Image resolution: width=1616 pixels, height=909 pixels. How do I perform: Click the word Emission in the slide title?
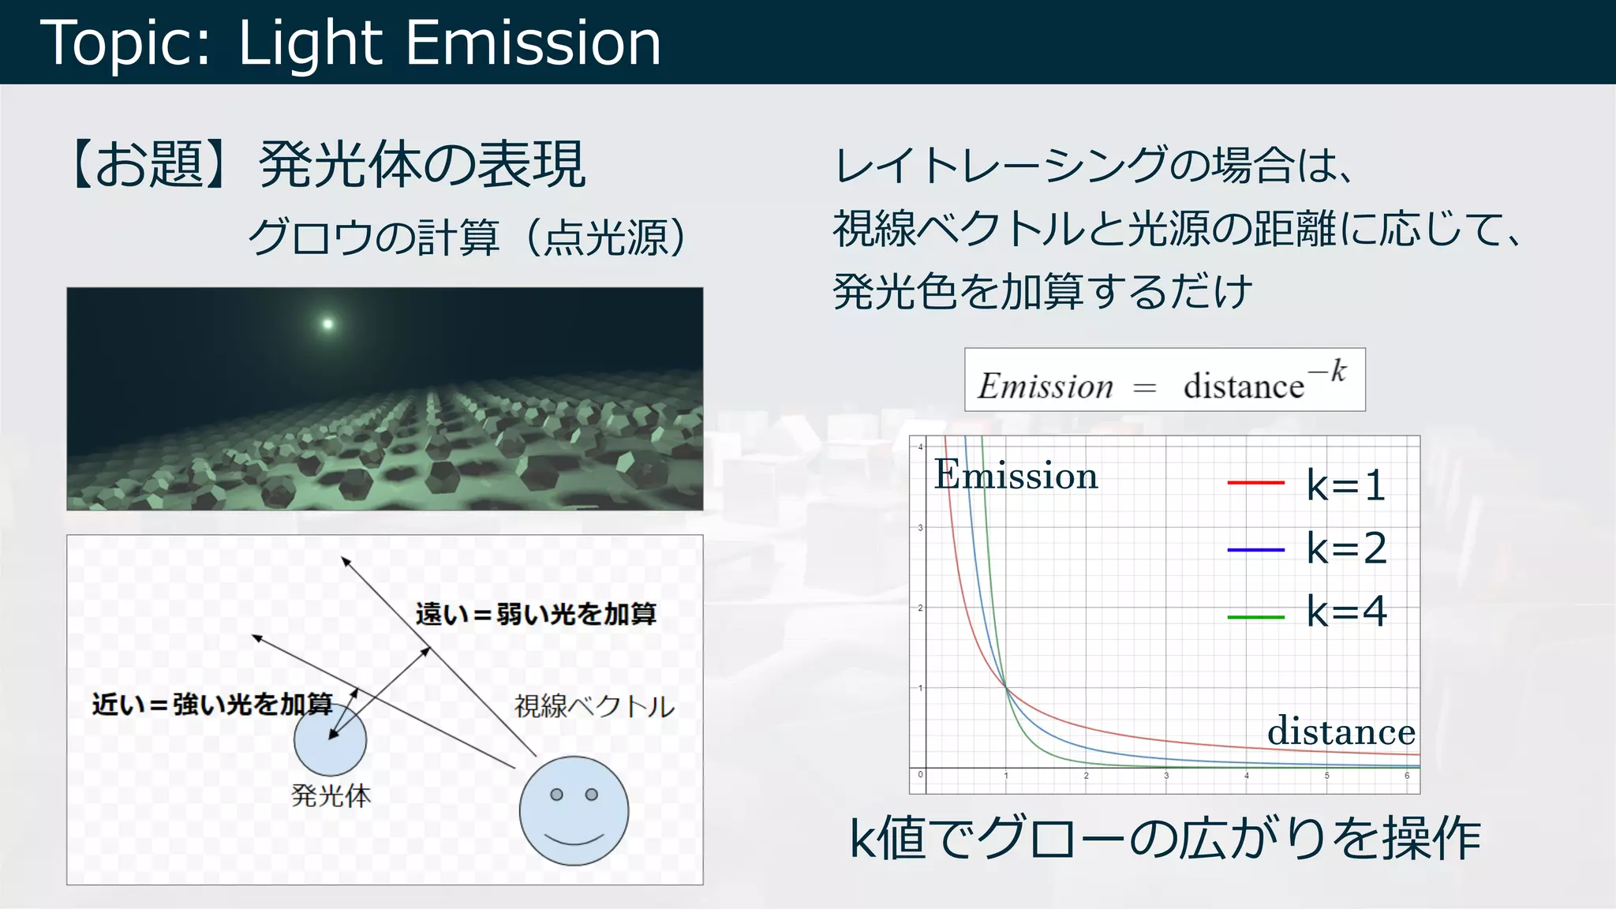coord(533,43)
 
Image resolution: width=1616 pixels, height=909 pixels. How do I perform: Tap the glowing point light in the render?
coord(327,324)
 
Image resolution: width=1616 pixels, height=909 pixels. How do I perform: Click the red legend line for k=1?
coord(1255,483)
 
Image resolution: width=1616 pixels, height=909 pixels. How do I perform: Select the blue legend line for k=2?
coord(1255,549)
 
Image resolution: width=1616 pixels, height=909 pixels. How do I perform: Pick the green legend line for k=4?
coord(1255,616)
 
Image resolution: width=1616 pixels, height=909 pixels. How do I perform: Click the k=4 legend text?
coord(1346,612)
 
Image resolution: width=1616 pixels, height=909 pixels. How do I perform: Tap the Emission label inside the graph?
coord(1016,475)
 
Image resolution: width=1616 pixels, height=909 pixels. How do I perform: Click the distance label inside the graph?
coord(1341,731)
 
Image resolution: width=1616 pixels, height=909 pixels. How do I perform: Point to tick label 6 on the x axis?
coord(1407,776)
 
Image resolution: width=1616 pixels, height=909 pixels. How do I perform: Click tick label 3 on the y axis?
coord(920,527)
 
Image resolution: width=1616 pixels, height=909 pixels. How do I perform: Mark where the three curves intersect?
coord(1006,688)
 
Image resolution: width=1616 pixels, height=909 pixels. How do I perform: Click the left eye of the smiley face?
coord(556,795)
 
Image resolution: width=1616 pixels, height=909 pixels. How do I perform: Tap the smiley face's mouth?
coord(574,838)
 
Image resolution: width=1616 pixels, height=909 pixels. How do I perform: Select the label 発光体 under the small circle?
coord(331,795)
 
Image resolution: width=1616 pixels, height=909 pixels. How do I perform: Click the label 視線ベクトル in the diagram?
coord(594,706)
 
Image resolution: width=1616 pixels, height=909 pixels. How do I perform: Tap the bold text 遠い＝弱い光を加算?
coord(536,614)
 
